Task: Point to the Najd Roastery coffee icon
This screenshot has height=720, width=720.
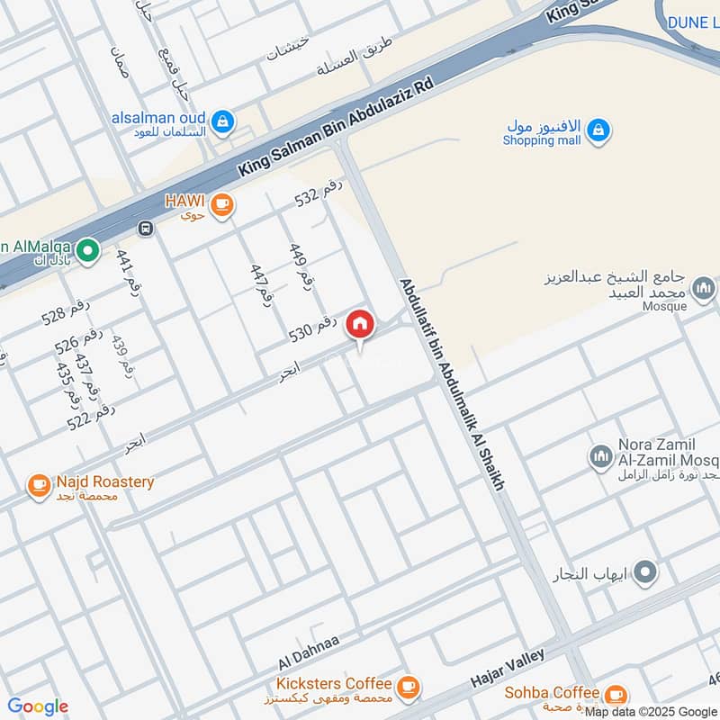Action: click(38, 486)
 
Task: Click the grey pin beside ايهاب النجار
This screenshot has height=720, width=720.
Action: click(645, 571)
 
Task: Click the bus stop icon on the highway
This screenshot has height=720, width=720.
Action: click(146, 229)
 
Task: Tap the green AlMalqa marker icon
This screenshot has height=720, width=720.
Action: click(87, 250)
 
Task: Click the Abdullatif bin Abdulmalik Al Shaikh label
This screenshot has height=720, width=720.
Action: click(452, 382)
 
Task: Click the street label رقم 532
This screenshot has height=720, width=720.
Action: click(319, 194)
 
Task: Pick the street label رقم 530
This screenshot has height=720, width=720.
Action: click(312, 328)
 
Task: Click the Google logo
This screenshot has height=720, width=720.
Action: click(37, 706)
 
